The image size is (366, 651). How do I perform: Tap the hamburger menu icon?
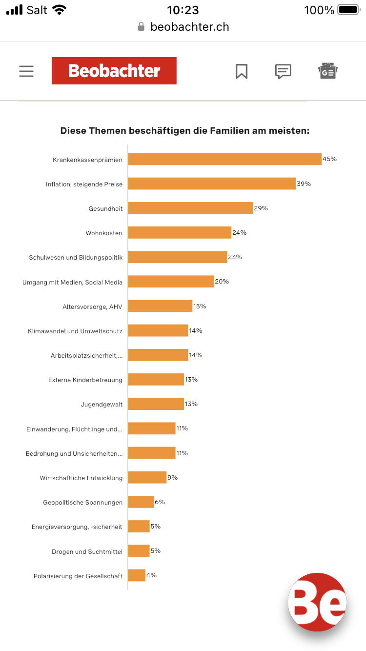[x=26, y=71]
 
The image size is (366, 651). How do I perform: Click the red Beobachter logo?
[x=114, y=71]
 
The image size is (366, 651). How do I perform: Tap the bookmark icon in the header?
[x=241, y=71]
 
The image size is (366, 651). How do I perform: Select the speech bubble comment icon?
[x=283, y=71]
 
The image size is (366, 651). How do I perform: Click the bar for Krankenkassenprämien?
[x=224, y=159]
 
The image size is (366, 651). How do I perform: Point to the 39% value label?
[x=304, y=183]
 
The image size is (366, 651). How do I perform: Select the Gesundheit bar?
[x=190, y=208]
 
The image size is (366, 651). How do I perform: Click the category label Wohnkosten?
[x=104, y=233]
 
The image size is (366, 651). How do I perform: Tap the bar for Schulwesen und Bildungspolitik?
[x=178, y=257]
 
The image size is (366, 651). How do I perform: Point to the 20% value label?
[x=222, y=282]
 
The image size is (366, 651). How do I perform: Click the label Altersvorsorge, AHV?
[x=92, y=306]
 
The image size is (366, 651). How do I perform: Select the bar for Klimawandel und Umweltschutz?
[x=158, y=330]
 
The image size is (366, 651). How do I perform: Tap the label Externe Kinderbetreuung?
[x=85, y=380]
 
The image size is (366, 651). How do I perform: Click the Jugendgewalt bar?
[x=156, y=404]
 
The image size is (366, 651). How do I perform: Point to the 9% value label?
[x=172, y=477]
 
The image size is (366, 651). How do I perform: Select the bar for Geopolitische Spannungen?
[x=141, y=502]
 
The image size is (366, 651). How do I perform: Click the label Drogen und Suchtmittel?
[x=87, y=551]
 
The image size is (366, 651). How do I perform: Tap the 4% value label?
[x=151, y=575]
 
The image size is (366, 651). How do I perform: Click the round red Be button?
[x=317, y=602]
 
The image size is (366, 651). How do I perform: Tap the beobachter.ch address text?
[x=190, y=27]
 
